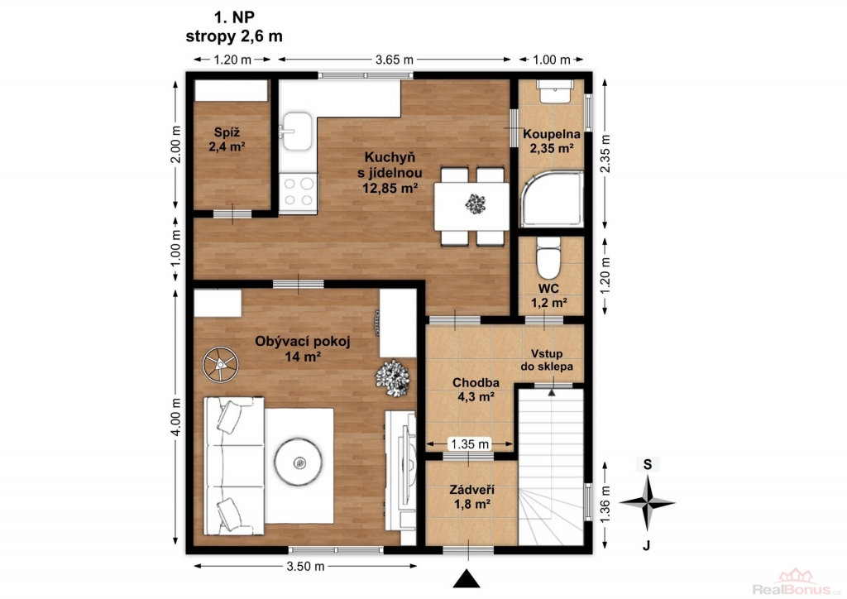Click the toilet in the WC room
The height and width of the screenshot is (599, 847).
549,257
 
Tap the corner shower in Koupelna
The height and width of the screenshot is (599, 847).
552,199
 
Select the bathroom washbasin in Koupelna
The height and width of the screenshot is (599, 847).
555,91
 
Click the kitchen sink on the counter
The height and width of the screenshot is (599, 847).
296,132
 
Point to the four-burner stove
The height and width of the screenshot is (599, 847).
298,192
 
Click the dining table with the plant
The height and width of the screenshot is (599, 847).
471,206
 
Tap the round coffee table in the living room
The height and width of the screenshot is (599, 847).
299,462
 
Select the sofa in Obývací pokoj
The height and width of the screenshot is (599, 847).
234,466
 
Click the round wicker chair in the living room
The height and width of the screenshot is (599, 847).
220,365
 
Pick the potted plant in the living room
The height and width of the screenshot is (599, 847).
393,377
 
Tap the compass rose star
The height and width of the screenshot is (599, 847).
647,503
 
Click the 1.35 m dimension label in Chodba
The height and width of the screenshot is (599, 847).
470,444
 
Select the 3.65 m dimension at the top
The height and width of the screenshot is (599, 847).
395,60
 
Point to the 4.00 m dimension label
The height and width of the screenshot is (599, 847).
175,417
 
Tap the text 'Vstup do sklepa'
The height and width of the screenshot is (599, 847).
547,360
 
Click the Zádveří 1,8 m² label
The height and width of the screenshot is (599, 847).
472,497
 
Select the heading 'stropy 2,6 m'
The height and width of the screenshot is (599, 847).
234,36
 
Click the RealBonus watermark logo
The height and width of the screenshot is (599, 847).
797,586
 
